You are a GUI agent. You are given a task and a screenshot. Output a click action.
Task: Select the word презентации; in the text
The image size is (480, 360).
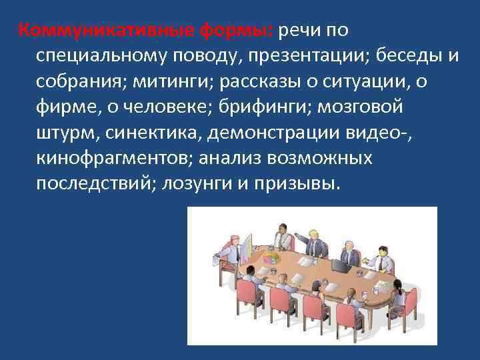(x=305, y=55)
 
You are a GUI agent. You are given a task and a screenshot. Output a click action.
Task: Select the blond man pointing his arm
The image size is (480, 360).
(x=312, y=243)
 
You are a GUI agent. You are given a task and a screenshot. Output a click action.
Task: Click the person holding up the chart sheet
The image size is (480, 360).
(x=233, y=252)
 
